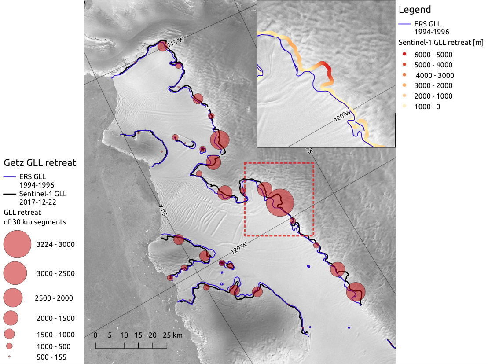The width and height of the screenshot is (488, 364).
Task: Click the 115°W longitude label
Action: pos(175,43)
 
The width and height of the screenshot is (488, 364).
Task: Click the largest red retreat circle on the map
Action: pos(280,202)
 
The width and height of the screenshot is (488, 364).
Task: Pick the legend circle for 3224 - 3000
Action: pos(17,244)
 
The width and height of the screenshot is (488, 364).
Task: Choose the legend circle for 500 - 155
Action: pos(9,357)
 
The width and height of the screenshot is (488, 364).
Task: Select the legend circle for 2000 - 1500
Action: pos(11,318)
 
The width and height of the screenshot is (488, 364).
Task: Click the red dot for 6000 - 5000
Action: pos(404,54)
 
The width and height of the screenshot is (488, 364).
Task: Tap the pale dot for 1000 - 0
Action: pos(404,107)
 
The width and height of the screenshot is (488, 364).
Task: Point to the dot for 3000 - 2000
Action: pos(404,85)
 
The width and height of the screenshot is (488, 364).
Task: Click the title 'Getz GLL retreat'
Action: pos(40,163)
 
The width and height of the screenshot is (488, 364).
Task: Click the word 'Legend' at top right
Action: pos(414,10)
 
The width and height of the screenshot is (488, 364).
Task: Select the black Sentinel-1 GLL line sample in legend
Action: pos(11,194)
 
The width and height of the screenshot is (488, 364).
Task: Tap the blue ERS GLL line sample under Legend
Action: pos(405,24)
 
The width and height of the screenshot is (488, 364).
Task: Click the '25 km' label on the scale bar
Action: pos(172,335)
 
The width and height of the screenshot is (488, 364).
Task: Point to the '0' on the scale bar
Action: pos(95,335)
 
